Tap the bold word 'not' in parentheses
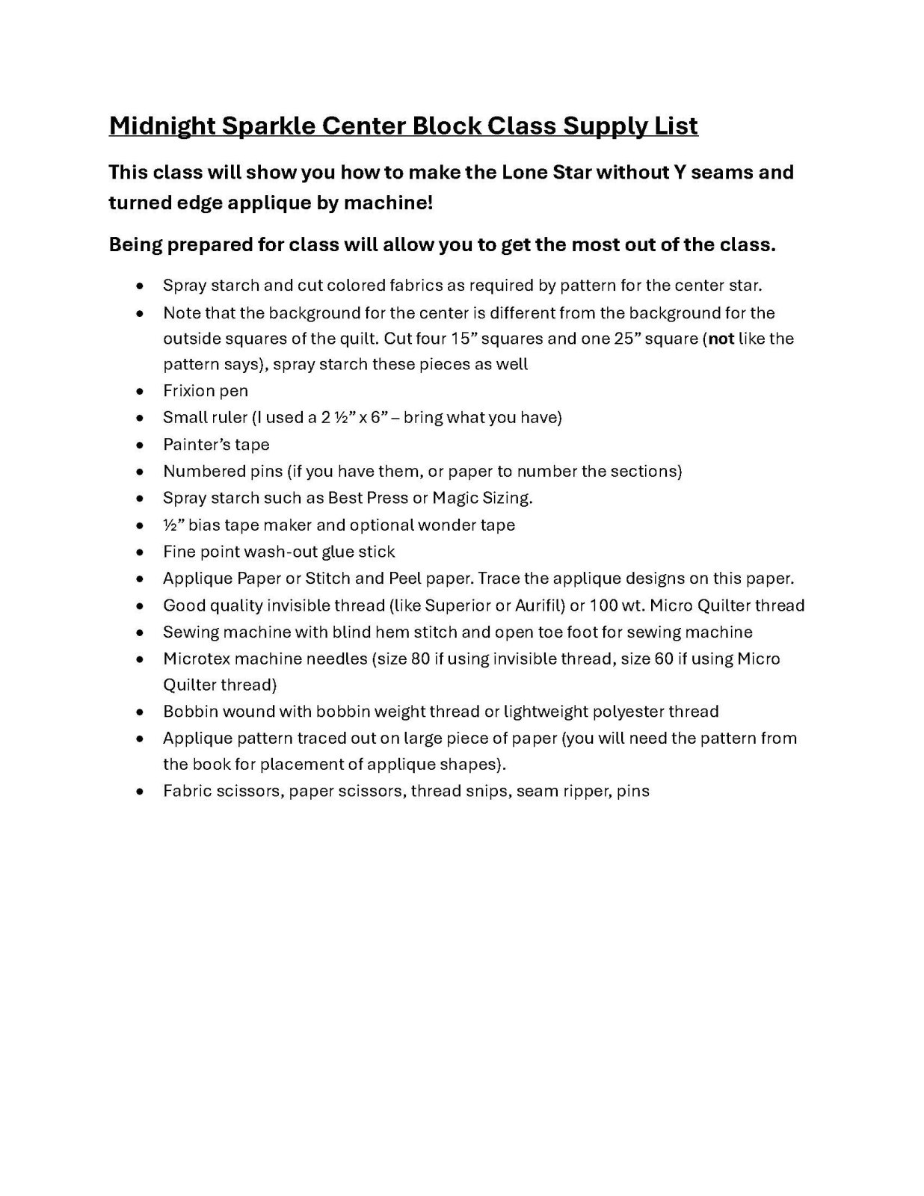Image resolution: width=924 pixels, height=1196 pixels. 721,339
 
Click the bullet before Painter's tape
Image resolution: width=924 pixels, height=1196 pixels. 140,446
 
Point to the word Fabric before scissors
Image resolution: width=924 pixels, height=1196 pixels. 186,791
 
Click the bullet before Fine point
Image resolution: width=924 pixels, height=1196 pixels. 140,552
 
